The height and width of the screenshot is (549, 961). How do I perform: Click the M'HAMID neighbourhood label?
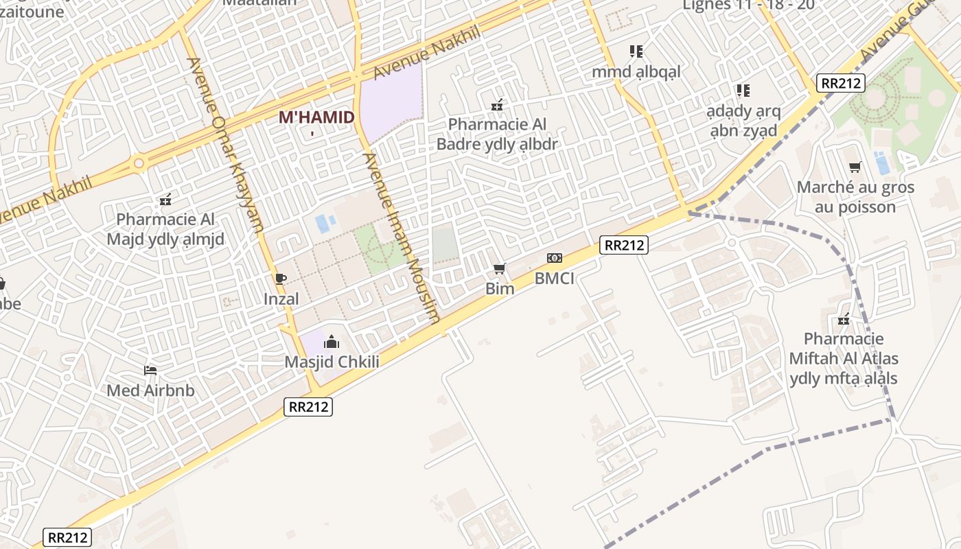(316, 117)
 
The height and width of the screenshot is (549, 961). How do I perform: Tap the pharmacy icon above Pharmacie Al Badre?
(498, 105)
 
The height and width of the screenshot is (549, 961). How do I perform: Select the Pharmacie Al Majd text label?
(165, 229)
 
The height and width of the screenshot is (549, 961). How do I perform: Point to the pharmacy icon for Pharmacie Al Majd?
(165, 200)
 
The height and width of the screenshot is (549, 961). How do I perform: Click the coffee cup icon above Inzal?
(280, 279)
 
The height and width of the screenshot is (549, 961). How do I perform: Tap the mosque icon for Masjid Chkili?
(332, 341)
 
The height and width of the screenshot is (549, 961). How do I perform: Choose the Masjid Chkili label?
(332, 362)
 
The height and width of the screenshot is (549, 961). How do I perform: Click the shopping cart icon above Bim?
(500, 268)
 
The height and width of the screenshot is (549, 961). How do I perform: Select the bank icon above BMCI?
(554, 258)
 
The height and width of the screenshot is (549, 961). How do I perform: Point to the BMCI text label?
(554, 279)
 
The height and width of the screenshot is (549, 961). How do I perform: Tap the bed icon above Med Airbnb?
(150, 371)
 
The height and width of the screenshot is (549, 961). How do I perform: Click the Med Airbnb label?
(150, 390)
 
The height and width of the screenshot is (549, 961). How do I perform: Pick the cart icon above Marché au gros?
(855, 167)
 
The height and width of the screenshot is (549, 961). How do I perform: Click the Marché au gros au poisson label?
(855, 197)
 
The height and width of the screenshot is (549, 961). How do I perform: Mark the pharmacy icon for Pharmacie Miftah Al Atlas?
(844, 319)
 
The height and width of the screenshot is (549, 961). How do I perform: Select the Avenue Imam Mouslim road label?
(402, 237)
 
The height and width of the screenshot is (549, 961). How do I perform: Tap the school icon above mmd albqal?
(636, 51)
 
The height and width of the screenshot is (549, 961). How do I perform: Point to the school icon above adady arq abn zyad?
(743, 90)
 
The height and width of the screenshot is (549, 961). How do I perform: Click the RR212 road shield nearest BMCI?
(623, 245)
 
